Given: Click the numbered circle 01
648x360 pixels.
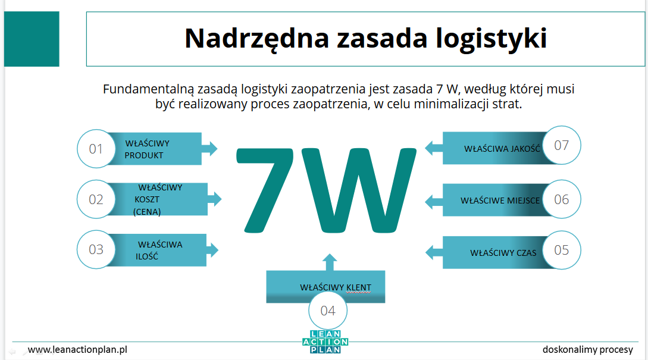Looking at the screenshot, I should point(96,149).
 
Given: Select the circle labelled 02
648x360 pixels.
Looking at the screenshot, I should point(96,199).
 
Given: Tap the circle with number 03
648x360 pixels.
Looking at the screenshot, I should point(96,250).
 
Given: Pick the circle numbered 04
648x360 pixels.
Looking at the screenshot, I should point(327,311).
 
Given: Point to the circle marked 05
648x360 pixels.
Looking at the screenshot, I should point(562,250).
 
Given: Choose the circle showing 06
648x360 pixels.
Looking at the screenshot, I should point(562,199).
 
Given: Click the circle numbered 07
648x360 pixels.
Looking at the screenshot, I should point(562,145).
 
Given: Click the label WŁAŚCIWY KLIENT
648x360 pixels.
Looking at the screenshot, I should point(336,287).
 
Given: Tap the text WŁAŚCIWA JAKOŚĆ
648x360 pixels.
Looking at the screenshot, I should point(502,149).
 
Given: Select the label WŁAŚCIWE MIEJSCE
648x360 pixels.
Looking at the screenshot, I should point(500,201).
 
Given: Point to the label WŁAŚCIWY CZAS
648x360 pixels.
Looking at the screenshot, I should point(503,253).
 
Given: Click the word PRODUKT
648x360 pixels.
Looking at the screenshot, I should point(144,155).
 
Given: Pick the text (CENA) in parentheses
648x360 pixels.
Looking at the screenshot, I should point(148,212).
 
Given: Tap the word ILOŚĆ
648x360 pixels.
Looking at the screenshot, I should point(146,257).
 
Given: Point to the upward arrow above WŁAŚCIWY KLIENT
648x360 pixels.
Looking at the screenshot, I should point(330,262).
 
